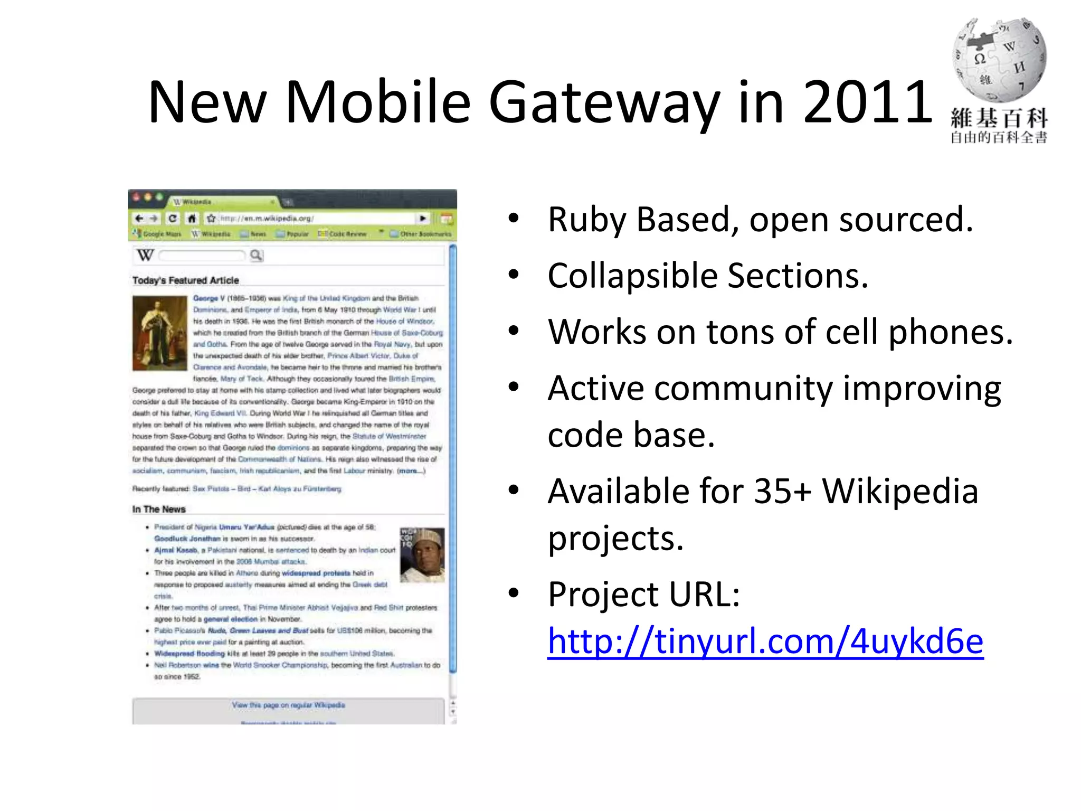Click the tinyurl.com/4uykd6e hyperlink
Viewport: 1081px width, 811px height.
point(765,641)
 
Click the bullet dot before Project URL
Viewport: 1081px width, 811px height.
point(514,593)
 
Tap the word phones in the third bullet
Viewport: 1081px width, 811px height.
point(951,333)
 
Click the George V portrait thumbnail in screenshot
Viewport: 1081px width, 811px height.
point(160,333)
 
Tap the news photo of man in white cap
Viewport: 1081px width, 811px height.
point(422,555)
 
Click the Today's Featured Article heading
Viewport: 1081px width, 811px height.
point(186,280)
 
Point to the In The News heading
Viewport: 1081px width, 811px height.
point(159,509)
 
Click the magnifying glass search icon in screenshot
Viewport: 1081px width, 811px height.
point(257,256)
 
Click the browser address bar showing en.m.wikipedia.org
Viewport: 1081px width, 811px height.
point(317,218)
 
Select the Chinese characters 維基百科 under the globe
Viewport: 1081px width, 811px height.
point(999,118)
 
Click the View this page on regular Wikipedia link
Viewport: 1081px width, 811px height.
point(288,705)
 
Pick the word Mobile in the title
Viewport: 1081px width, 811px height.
point(377,101)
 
